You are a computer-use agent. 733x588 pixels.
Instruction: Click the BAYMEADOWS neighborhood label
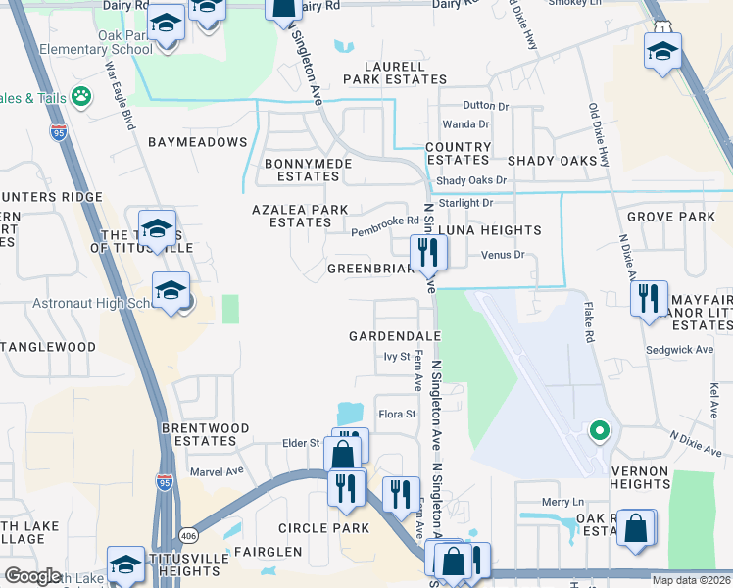(197, 142)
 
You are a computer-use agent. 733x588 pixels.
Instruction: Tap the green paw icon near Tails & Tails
(82, 97)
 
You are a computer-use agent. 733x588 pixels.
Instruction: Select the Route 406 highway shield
(187, 535)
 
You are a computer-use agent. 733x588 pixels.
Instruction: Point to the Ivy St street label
(395, 357)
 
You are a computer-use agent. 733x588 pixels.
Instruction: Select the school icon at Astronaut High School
(171, 291)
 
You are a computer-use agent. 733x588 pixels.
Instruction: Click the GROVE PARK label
(671, 216)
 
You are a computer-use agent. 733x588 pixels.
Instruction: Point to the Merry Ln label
(562, 502)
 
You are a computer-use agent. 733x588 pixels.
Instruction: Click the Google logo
(32, 576)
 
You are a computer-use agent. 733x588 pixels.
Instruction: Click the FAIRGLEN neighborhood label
(268, 552)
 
